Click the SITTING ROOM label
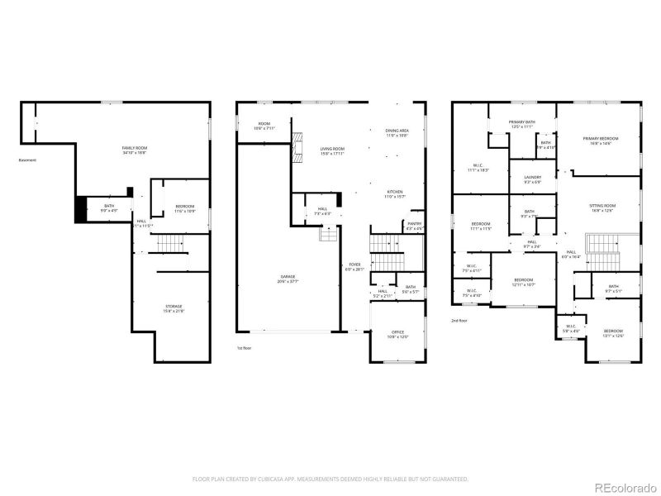[x=602, y=207]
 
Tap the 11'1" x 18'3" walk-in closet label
[x=478, y=168]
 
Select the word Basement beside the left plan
[x=27, y=160]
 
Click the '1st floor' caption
[x=245, y=349]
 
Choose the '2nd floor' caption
[x=460, y=319]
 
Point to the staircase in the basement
[x=169, y=244]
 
